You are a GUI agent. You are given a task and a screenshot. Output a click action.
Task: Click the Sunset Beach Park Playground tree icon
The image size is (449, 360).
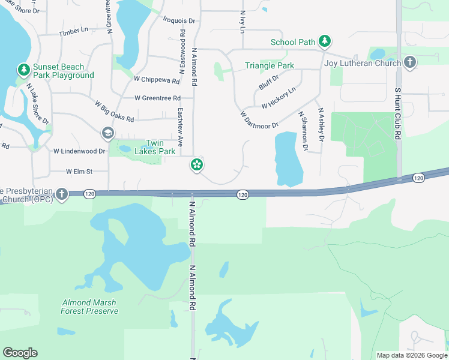click(24, 70)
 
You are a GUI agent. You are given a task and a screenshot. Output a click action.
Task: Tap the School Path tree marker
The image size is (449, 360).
click(325, 41)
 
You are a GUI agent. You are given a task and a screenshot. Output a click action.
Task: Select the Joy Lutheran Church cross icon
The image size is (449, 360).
click(410, 62)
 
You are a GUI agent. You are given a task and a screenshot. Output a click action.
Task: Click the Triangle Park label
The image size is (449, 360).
click(270, 65)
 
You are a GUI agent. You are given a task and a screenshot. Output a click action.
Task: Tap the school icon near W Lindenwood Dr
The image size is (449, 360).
click(107, 133)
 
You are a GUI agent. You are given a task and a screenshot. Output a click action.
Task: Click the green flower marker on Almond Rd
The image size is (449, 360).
click(196, 164)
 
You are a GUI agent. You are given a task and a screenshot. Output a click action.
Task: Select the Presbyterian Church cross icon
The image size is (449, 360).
click(61, 194)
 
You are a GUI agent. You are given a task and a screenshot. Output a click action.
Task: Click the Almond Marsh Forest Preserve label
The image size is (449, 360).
click(89, 307)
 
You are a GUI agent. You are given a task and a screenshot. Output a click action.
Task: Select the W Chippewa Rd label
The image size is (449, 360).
click(157, 80)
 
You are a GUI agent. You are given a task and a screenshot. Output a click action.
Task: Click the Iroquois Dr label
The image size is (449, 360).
click(179, 20)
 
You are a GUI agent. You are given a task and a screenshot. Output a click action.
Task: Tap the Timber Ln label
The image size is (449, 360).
click(73, 30)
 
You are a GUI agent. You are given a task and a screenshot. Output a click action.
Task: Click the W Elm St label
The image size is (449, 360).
click(79, 171)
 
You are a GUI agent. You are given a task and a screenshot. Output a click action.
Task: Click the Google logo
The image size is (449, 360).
click(20, 353)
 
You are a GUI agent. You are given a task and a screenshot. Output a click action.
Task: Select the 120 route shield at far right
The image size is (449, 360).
click(418, 178)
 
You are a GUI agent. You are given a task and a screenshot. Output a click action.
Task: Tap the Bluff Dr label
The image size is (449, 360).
click(268, 82)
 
